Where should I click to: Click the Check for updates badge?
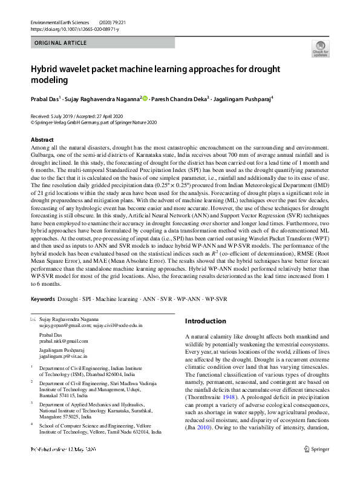coord(320,48)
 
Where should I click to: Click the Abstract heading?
coord(42,140)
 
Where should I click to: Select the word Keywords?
coord(43,300)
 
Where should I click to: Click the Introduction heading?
coord(205,321)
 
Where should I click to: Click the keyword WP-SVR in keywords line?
coord(216,300)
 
